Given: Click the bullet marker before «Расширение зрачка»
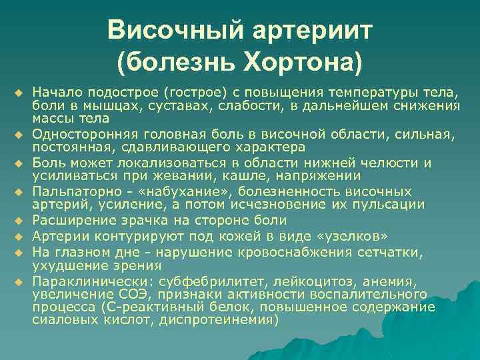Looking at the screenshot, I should click(x=21, y=220).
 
